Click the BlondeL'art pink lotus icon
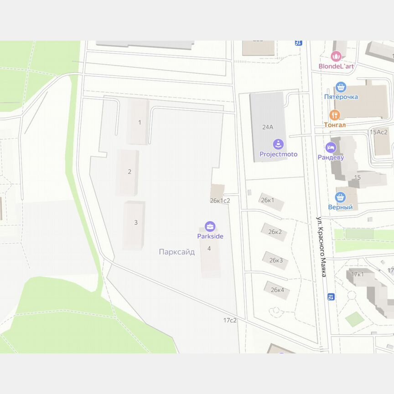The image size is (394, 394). pos(336,57)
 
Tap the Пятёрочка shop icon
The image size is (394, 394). pos(340,87)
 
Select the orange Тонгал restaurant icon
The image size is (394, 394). pos(335,115)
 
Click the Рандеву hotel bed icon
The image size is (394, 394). pos(331,147)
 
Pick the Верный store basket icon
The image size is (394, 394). pos(340,197)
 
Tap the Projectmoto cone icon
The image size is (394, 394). pos(278,144)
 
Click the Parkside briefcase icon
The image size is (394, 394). pos(210,226)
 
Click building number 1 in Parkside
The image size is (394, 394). pos(140,122)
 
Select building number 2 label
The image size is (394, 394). pos(130,172)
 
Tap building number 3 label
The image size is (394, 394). pos(135,223)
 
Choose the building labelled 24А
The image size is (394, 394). pos(268,127)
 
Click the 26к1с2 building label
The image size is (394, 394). pos(220,200)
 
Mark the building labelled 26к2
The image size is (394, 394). pos(275,232)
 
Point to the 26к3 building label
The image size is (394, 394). pos(276,260)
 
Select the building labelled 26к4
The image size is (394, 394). pos(277,290)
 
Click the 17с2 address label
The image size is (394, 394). pos(230,320)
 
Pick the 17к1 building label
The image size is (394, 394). pos(358,274)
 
